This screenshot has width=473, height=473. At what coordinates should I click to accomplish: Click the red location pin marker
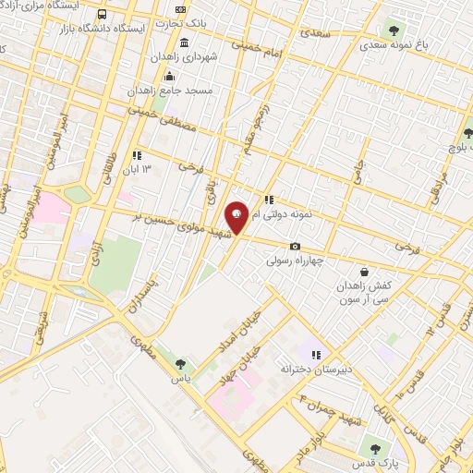tap(236, 218)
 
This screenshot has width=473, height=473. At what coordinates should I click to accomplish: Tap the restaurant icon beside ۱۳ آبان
tap(137, 155)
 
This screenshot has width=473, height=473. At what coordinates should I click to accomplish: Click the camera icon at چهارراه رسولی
tap(295, 246)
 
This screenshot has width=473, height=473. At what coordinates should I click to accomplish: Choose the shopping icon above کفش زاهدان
tap(365, 273)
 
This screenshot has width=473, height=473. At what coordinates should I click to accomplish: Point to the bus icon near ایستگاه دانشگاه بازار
tap(101, 15)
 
